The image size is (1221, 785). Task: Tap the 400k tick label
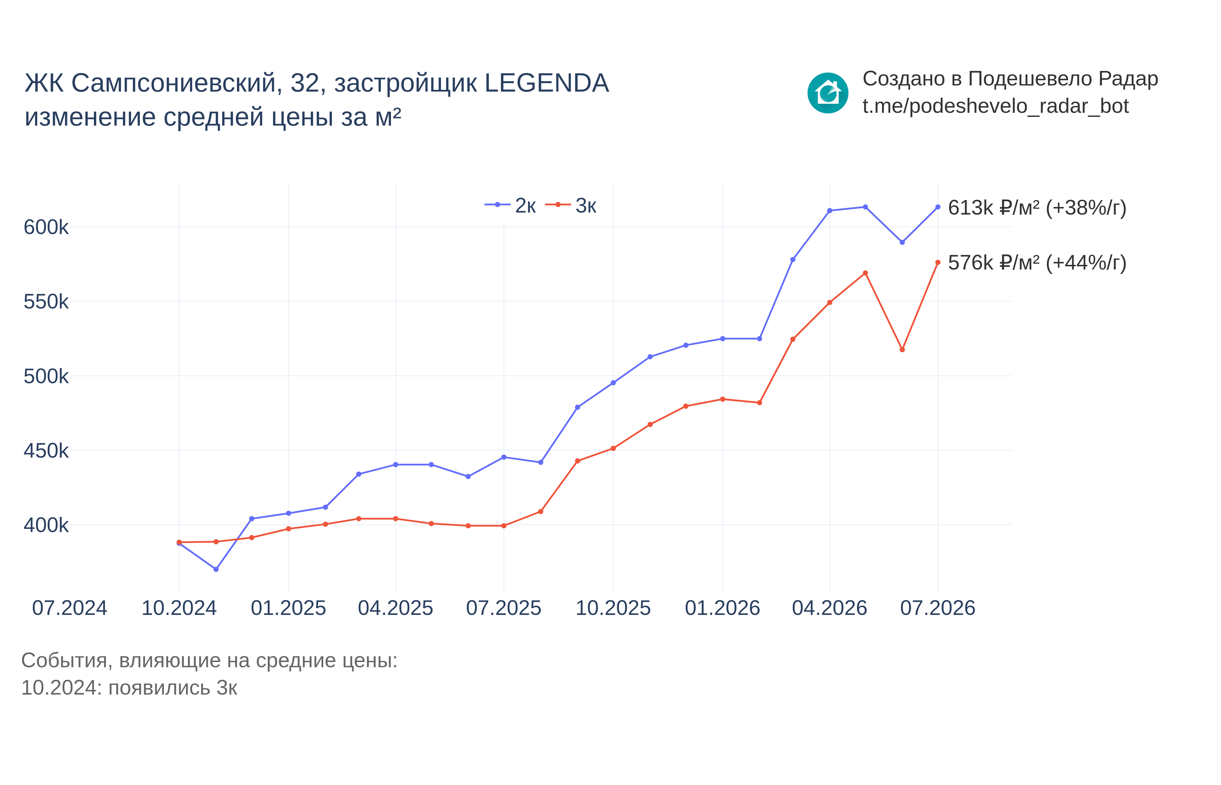46,525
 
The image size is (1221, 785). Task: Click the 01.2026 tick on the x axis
722,608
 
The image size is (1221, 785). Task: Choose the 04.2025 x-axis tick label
395,608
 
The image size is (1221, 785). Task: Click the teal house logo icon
828,93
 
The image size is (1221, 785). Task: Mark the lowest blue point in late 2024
216,569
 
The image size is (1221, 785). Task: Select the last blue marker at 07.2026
938,207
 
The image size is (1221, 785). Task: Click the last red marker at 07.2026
938,263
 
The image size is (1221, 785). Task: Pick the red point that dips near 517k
902,350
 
